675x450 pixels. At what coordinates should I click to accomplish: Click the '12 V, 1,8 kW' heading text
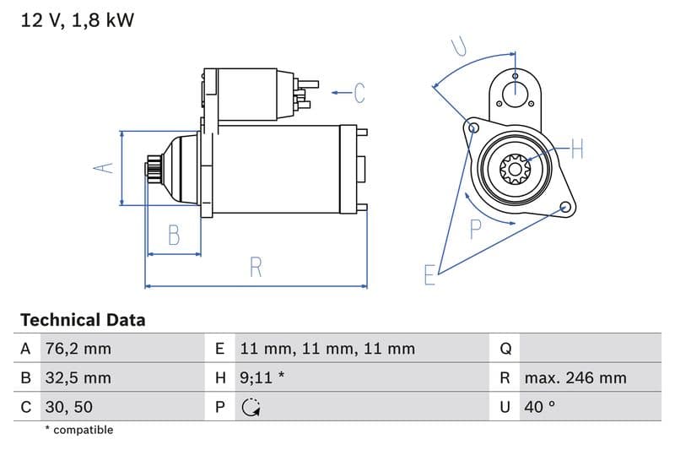(x=77, y=20)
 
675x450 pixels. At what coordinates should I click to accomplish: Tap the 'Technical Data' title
(x=83, y=320)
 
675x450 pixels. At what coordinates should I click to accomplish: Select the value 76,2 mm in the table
(x=77, y=349)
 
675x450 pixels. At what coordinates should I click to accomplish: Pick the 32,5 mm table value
(x=77, y=377)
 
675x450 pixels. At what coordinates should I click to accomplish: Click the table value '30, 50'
(x=68, y=406)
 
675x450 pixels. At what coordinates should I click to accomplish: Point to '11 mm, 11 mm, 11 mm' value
(x=327, y=349)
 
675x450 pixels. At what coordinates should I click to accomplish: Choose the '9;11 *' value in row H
(x=262, y=377)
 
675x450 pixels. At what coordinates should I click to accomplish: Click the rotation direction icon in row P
(x=251, y=407)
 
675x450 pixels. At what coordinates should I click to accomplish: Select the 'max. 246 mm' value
(x=575, y=377)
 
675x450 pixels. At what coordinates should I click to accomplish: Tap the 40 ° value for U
(x=539, y=406)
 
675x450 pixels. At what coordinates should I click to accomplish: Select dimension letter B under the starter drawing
(x=174, y=235)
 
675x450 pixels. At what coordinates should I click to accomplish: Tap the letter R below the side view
(x=256, y=268)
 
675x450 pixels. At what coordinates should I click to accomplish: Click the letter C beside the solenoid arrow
(x=359, y=92)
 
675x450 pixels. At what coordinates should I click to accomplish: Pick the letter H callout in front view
(x=576, y=149)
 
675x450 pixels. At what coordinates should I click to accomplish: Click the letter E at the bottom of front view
(x=429, y=274)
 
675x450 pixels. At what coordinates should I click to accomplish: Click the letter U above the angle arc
(x=458, y=46)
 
